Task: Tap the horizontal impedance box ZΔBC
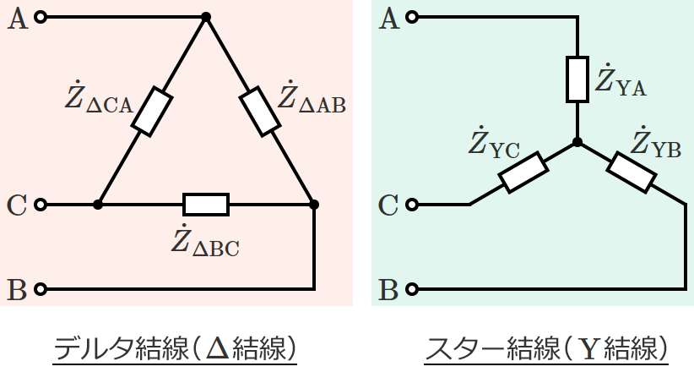click(x=206, y=205)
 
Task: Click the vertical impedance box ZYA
click(x=577, y=79)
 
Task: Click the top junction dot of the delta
click(x=206, y=17)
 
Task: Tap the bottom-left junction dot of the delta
click(x=98, y=205)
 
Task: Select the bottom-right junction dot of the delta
click(x=314, y=205)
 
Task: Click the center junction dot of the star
click(x=577, y=142)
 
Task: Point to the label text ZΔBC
click(x=205, y=243)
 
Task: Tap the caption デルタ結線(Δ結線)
click(x=175, y=347)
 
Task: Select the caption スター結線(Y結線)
click(x=548, y=347)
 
